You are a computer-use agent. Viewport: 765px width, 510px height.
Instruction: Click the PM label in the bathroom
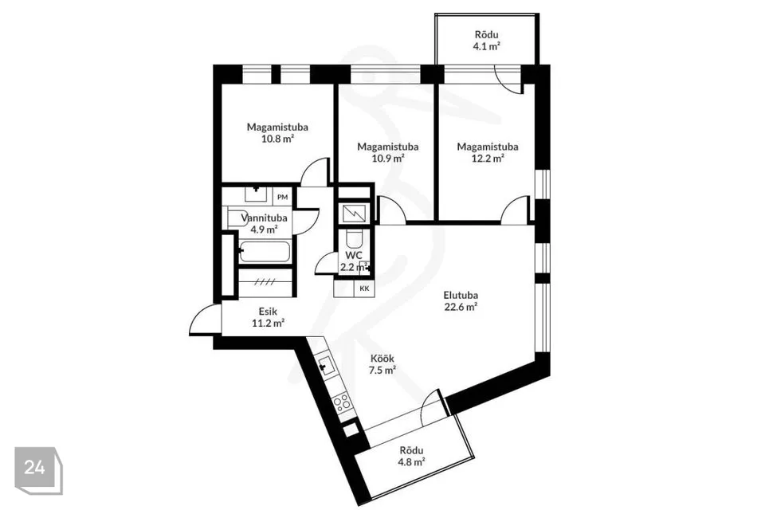tap(282, 197)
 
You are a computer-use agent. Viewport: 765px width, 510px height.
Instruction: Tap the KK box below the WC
tap(364, 288)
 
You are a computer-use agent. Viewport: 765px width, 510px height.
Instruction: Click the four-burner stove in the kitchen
tap(342, 403)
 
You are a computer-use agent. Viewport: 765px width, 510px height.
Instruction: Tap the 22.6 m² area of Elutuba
tap(461, 307)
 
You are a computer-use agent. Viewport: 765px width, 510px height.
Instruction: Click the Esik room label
tap(268, 312)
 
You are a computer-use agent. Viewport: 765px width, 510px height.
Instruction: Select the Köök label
tap(382, 359)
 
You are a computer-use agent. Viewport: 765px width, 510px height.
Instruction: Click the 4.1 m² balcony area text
tap(486, 47)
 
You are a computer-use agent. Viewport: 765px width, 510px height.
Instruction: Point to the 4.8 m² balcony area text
tap(411, 461)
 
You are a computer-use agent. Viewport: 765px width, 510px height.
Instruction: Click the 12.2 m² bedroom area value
tap(488, 158)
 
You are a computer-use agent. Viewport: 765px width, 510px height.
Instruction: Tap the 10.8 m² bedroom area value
tap(277, 139)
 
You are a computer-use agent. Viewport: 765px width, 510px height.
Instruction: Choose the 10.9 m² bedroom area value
tap(388, 158)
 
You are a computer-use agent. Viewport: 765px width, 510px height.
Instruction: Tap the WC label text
tap(354, 255)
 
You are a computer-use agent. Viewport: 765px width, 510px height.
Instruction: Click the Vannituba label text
tap(264, 218)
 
